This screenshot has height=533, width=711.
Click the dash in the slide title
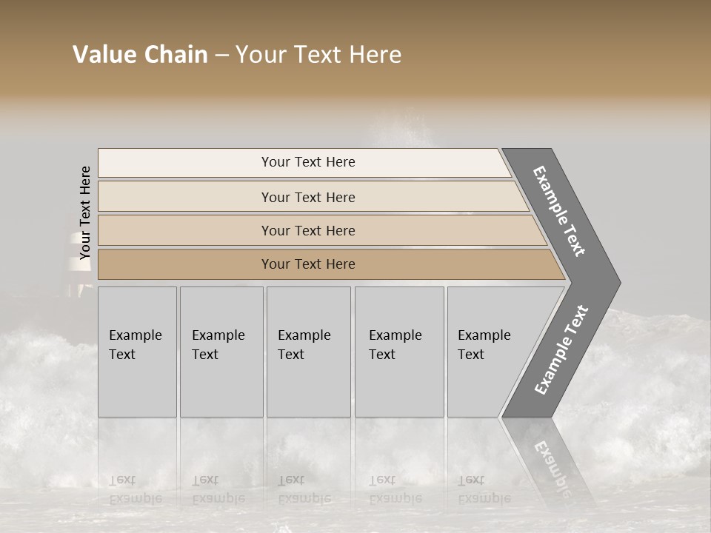(x=221, y=56)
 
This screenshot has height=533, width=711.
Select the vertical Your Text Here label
(x=85, y=212)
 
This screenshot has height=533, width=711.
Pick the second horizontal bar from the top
(x=308, y=197)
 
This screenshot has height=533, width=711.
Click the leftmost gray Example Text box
(x=137, y=352)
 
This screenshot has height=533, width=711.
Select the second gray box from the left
(x=221, y=352)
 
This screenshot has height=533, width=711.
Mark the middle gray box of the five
(x=308, y=352)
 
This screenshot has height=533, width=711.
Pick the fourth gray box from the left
(x=398, y=352)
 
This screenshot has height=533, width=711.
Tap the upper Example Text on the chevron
(x=560, y=211)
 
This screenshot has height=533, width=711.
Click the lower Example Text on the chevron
(x=561, y=349)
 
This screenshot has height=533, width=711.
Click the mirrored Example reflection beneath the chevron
(x=553, y=463)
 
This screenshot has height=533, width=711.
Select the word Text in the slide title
(x=318, y=55)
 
